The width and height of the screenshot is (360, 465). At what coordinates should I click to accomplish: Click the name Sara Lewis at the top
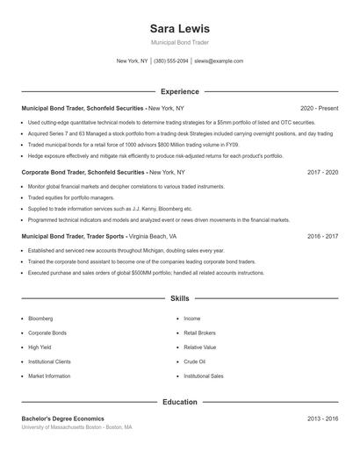179,29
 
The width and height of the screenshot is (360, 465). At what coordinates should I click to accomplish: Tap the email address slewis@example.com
219,61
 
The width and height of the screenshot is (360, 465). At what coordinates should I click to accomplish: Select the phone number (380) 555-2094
172,61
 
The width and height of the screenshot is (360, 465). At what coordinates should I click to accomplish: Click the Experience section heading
179,91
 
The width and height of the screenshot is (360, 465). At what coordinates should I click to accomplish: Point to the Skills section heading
179,299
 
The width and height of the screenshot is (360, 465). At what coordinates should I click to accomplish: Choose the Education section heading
179,402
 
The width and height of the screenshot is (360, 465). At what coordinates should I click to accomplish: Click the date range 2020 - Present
319,108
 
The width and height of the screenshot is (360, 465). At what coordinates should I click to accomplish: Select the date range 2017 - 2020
322,173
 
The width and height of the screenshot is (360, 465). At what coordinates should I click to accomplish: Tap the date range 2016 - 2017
322,237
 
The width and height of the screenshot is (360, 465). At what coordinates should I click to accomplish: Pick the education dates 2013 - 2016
322,418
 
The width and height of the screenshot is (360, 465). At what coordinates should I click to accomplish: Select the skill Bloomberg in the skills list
40,318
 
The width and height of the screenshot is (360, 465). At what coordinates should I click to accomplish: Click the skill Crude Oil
195,361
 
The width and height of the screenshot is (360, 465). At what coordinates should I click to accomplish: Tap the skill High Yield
40,347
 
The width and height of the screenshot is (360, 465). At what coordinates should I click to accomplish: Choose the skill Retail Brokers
200,333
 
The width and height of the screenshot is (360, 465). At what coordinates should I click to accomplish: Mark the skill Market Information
49,376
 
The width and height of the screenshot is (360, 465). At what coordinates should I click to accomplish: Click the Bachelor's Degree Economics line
62,418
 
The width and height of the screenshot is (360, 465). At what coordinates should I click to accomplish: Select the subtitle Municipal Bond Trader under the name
179,42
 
